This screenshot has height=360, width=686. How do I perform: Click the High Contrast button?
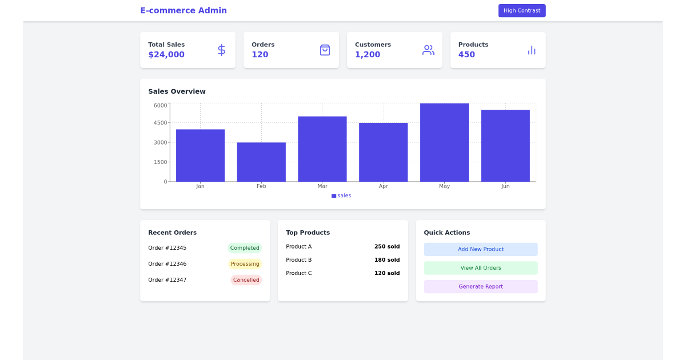tap(521, 11)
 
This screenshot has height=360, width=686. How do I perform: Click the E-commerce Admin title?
tap(184, 10)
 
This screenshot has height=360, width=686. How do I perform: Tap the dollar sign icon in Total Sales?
tap(221, 50)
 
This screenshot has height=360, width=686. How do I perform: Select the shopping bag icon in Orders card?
tap(325, 50)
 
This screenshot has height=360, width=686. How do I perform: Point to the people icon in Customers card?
tap(428, 50)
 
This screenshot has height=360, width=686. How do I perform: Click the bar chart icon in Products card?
tap(532, 50)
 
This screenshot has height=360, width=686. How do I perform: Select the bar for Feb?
tap(261, 162)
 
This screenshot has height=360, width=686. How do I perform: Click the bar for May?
tap(444, 142)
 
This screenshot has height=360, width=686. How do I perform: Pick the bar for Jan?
tap(200, 155)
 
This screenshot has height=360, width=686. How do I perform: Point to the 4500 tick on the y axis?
tap(161, 123)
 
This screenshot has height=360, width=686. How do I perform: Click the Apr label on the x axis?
tap(383, 186)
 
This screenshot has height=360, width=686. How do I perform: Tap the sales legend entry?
tap(341, 195)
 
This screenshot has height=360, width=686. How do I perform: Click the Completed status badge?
tap(245, 248)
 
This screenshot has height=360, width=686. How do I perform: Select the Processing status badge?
tap(245, 264)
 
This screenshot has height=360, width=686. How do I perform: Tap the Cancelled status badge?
tap(246, 280)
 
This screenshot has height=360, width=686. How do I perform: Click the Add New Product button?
tap(480, 249)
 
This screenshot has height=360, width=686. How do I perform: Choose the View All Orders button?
tap(480, 268)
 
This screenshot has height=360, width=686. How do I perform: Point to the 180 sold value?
tap(387, 260)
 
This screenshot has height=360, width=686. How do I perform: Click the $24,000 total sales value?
tap(166, 55)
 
